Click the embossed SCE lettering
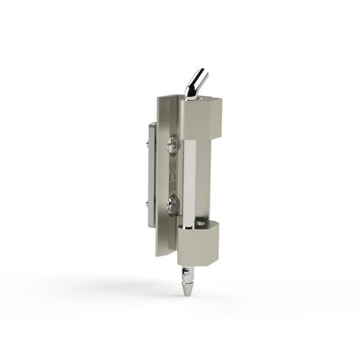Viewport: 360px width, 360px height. click(x=173, y=175)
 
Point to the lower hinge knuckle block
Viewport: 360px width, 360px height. click(x=198, y=243)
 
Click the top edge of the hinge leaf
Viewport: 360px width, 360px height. click(x=169, y=96)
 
